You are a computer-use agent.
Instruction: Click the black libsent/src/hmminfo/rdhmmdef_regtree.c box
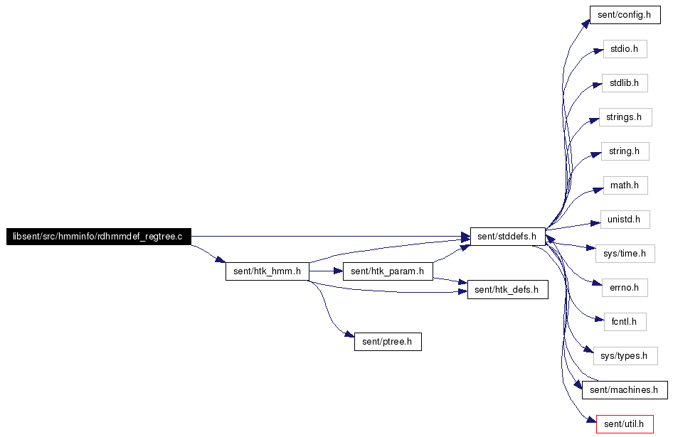[x=99, y=237]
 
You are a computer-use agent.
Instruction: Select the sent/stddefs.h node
[x=508, y=237]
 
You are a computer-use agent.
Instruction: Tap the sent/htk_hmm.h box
[x=267, y=271]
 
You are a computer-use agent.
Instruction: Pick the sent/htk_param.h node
[x=388, y=271]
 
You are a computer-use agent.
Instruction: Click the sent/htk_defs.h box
[x=508, y=290]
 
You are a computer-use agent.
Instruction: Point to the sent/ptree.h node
[x=388, y=342]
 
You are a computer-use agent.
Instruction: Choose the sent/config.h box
[x=625, y=15]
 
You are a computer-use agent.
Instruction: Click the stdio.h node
[x=625, y=49]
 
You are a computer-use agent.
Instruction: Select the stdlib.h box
[x=625, y=83]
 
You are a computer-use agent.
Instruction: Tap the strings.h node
[x=625, y=117]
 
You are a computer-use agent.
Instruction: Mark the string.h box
[x=625, y=151]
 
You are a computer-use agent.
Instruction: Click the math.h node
[x=625, y=185]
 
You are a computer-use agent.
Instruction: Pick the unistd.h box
[x=625, y=220]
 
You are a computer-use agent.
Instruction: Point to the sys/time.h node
[x=625, y=254]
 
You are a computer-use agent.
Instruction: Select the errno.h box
[x=625, y=288]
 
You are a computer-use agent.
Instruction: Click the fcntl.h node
[x=625, y=322]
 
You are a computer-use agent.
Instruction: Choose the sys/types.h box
[x=625, y=356]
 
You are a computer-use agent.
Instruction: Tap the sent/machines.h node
[x=625, y=390]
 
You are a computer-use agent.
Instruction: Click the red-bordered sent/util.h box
[x=625, y=424]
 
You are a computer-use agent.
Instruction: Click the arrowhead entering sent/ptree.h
[x=350, y=335]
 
